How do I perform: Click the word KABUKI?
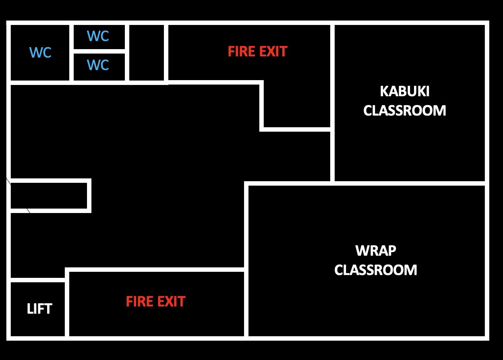click(x=404, y=92)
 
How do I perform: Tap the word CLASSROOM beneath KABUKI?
click(x=404, y=111)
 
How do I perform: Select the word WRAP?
click(x=376, y=251)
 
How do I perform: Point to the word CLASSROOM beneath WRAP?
click(x=376, y=270)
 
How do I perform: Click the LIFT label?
click(x=39, y=309)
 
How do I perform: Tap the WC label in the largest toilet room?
click(x=40, y=52)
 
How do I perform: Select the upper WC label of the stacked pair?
click(x=98, y=36)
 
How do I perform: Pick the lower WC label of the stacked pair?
click(x=98, y=65)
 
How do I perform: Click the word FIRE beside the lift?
click(x=139, y=302)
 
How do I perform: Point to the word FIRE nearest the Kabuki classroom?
click(x=241, y=52)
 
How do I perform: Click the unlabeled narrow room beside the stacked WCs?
click(x=147, y=53)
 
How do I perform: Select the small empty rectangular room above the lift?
click(x=49, y=196)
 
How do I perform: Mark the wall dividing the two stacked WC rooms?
click(x=99, y=51)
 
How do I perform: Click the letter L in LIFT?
click(x=30, y=309)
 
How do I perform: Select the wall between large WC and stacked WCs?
click(x=71, y=53)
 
